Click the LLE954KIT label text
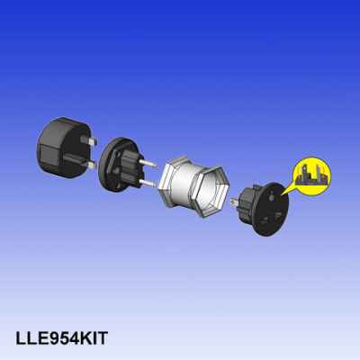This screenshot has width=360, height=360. pos(61,338)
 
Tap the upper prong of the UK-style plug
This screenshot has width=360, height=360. pos(88,139)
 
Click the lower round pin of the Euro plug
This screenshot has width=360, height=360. pos(147,182)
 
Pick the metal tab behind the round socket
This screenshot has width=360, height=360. pos(234,202)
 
